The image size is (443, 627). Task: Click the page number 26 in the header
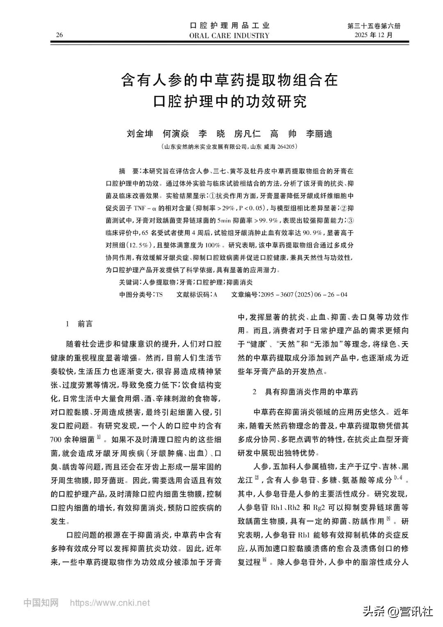pyautogui.click(x=59, y=35)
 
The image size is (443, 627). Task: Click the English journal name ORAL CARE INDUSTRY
pyautogui.click(x=229, y=35)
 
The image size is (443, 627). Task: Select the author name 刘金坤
pyautogui.click(x=140, y=134)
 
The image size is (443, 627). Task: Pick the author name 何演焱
pyautogui.click(x=176, y=134)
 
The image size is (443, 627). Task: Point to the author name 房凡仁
pyautogui.click(x=247, y=134)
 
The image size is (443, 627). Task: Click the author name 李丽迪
pyautogui.click(x=319, y=134)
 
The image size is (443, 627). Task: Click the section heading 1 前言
pyautogui.click(x=79, y=324)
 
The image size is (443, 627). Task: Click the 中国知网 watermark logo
pyautogui.click(x=41, y=603)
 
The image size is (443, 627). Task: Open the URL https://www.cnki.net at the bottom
pyautogui.click(x=110, y=603)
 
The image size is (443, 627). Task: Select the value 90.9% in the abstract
pyautogui.click(x=312, y=233)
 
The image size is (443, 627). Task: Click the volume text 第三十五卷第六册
pyautogui.click(x=374, y=26)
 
